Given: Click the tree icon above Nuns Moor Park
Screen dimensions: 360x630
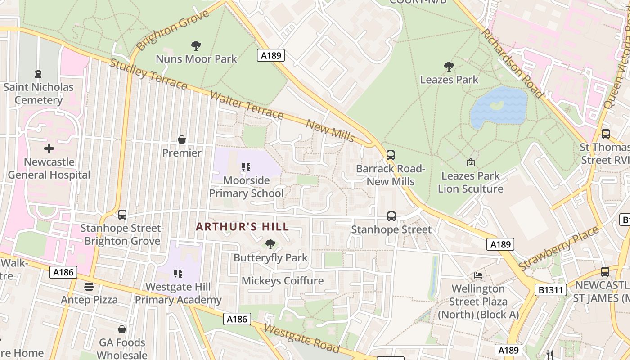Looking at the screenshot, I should tap(196, 45).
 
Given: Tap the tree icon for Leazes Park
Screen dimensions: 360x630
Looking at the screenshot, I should tap(449, 67).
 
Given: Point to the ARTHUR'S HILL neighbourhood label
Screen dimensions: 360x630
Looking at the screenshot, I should tap(242, 227).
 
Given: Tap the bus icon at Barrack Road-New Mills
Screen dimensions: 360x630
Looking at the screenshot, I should tap(391, 155).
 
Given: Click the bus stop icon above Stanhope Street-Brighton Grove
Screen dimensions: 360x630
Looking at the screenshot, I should tap(122, 215).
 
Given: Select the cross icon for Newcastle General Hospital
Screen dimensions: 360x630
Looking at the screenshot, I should tap(49, 148).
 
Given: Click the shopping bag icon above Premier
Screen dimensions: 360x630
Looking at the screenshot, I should tap(182, 139).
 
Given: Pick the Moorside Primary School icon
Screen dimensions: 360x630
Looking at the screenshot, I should tap(246, 167).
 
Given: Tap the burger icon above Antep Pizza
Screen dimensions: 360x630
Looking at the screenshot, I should tap(89, 287).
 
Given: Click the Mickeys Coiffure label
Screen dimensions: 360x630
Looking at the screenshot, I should tap(283, 281).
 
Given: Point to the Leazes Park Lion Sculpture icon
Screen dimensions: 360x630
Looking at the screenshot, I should tap(471, 162).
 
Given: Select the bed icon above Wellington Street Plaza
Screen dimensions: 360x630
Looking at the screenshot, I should tap(478, 275).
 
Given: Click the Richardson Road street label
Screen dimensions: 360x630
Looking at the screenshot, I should tap(511, 63).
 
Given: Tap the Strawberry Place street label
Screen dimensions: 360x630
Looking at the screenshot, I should tap(559, 249).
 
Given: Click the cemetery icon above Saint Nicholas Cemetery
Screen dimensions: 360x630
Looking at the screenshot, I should tap(38, 73).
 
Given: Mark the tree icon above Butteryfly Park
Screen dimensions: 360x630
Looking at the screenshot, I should tap(270, 244).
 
